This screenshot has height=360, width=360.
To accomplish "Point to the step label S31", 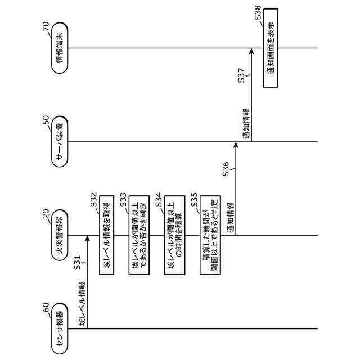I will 79,262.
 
